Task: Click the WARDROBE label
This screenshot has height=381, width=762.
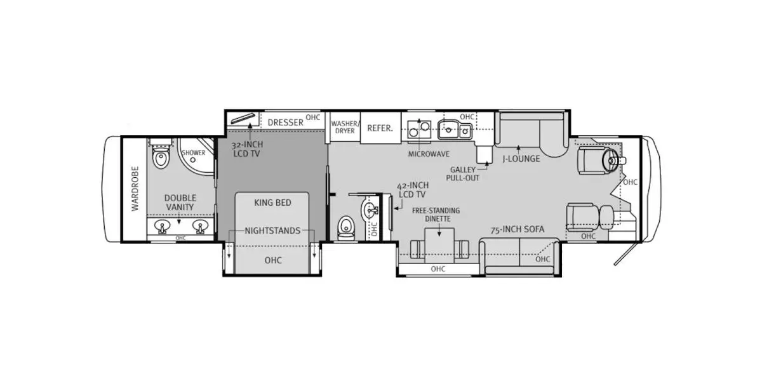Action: (135, 189)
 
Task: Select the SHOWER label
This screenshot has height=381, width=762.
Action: (194, 152)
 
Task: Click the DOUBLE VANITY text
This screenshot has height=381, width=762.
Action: (180, 203)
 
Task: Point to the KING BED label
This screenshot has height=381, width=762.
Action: (272, 203)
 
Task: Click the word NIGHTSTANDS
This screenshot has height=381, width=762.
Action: (272, 231)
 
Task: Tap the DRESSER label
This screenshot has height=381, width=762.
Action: (285, 122)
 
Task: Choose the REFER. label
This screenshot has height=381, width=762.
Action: (380, 128)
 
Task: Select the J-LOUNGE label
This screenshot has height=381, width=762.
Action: (521, 159)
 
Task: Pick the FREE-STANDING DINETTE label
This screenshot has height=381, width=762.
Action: (436, 215)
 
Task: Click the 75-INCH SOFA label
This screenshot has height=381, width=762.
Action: (518, 229)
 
